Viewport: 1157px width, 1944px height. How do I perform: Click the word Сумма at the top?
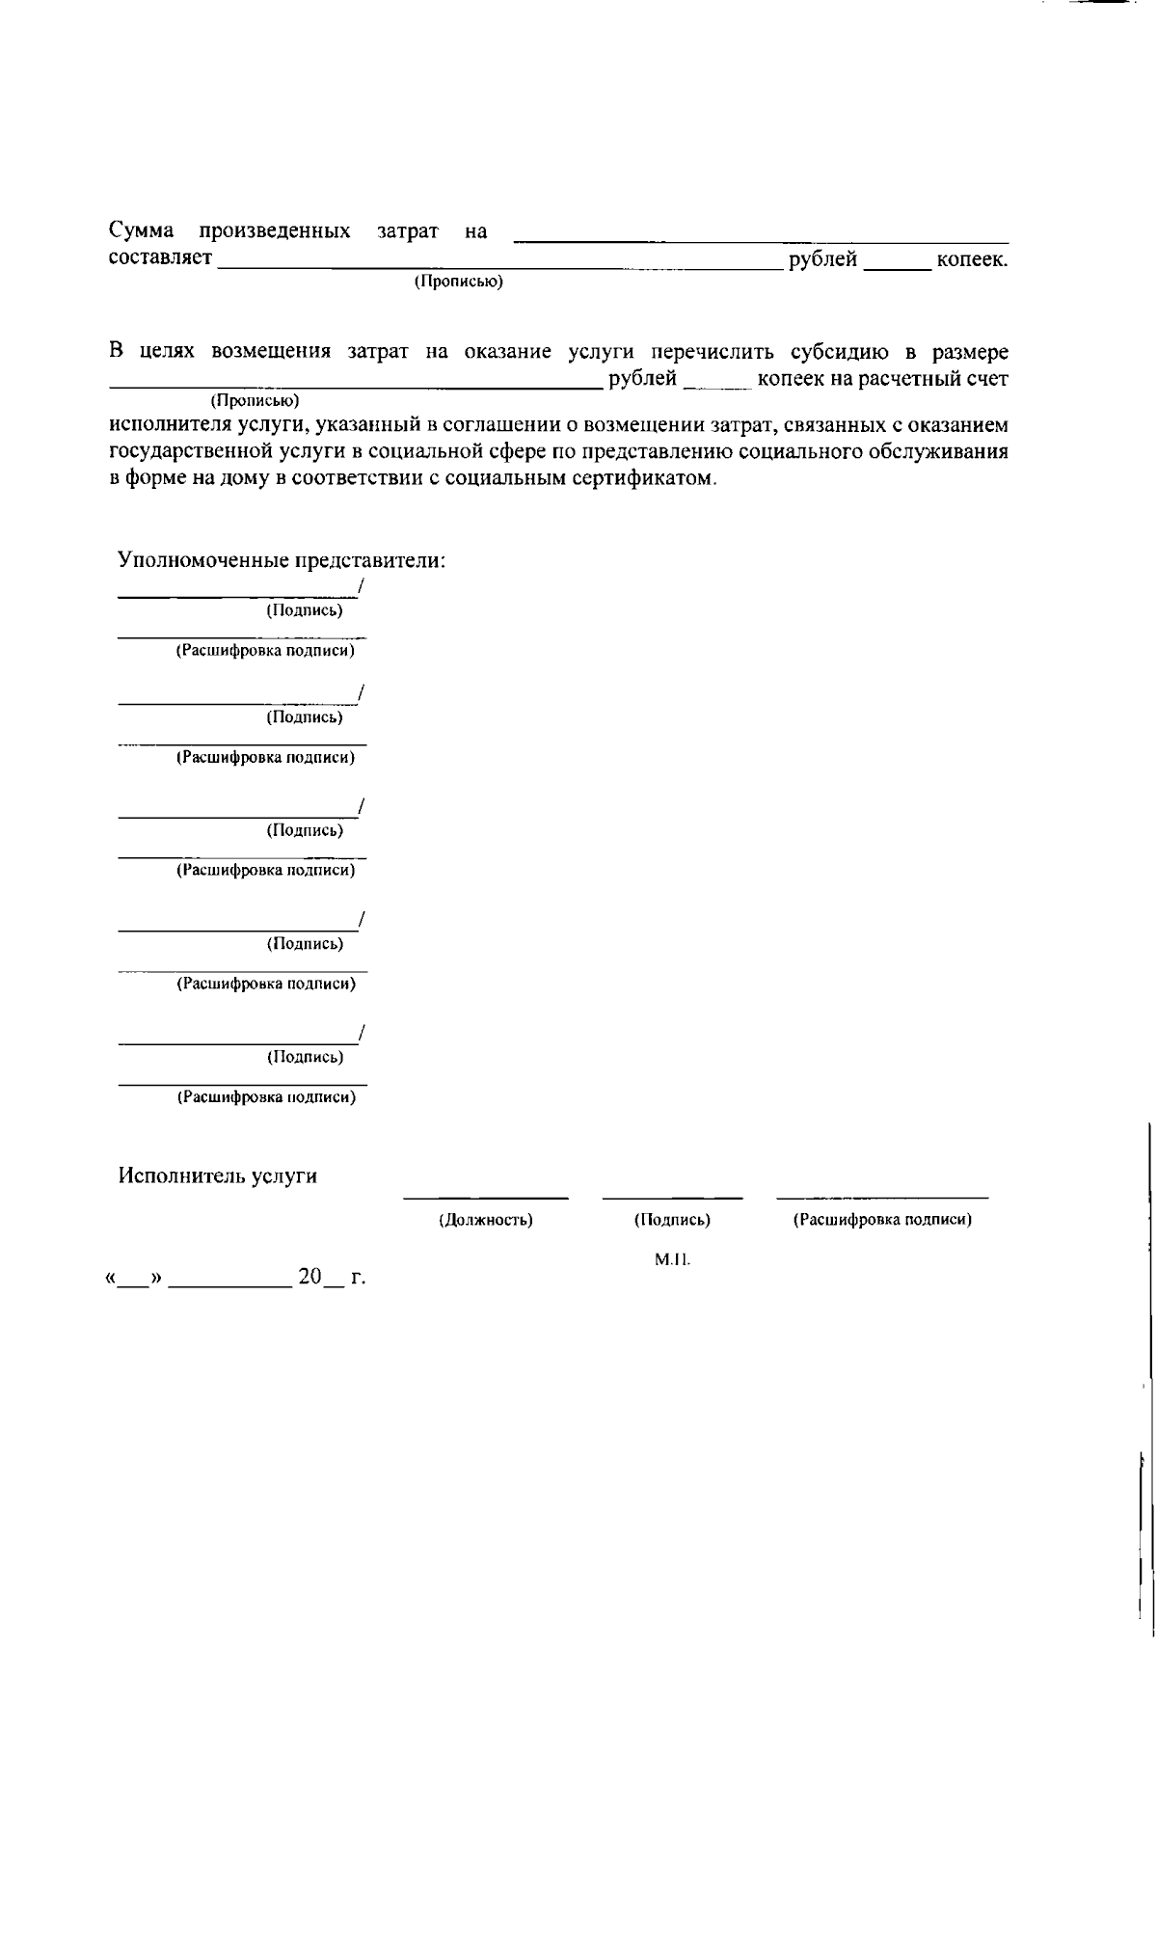[x=141, y=231]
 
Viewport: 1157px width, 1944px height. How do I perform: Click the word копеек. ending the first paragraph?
[x=972, y=259]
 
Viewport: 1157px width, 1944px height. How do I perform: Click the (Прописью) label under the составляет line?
[x=458, y=282]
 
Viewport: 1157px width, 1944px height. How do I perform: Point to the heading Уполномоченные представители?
[x=282, y=560]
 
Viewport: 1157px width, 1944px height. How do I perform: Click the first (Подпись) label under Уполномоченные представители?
[x=304, y=610]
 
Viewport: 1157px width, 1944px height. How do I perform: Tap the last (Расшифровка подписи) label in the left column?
[x=266, y=1097]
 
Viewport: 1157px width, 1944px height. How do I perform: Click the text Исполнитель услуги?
[x=218, y=1176]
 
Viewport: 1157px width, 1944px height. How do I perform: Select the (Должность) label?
[x=486, y=1220]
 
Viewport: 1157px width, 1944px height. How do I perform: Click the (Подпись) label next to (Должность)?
[x=672, y=1220]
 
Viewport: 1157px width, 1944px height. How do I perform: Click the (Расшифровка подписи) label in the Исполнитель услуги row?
[x=882, y=1220]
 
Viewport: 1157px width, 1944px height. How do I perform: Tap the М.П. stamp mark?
[x=672, y=1259]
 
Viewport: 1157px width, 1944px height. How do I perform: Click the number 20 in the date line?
[x=309, y=1277]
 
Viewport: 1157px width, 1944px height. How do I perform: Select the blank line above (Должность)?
[x=485, y=1196]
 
